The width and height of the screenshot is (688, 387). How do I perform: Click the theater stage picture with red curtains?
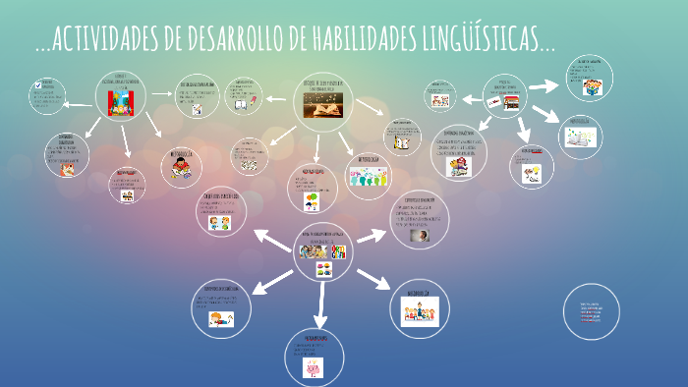[122, 100]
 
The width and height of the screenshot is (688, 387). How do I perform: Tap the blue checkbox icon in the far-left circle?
[37, 84]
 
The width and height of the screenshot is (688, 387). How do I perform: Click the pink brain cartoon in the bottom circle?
[314, 368]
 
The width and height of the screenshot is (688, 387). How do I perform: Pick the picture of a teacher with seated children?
[420, 314]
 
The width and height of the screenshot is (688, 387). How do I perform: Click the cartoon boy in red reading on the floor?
[182, 169]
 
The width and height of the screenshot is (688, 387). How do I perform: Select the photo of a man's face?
[420, 236]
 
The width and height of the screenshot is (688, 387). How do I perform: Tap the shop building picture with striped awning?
[510, 101]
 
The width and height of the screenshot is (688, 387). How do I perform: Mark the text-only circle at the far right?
[592, 312]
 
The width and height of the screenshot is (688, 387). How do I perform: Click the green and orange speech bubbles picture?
[312, 203]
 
